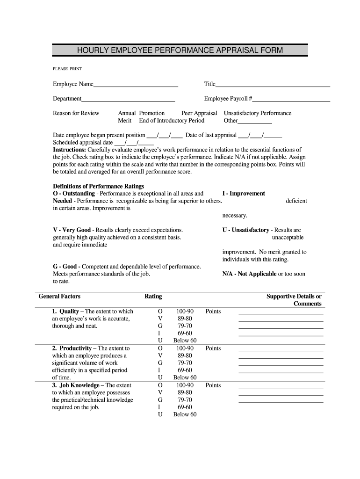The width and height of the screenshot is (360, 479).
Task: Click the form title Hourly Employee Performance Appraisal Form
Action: point(180,50)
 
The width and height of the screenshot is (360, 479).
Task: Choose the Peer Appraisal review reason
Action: point(199,113)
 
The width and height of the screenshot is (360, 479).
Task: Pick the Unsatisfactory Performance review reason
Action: point(258,113)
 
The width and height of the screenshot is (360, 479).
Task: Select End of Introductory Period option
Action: point(172,121)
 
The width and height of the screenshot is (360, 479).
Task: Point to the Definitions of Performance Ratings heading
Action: point(92,186)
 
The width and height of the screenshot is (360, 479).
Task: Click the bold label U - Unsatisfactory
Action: point(246,230)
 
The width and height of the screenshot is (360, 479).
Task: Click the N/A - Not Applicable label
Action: point(249,274)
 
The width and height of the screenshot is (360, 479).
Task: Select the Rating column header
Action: point(153,297)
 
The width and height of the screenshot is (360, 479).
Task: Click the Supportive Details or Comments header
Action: point(294,300)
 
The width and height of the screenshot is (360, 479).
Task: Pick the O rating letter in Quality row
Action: point(160,312)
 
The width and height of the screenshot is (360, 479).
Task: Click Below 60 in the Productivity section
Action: point(185,377)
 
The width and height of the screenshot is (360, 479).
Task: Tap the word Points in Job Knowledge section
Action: point(213,385)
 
